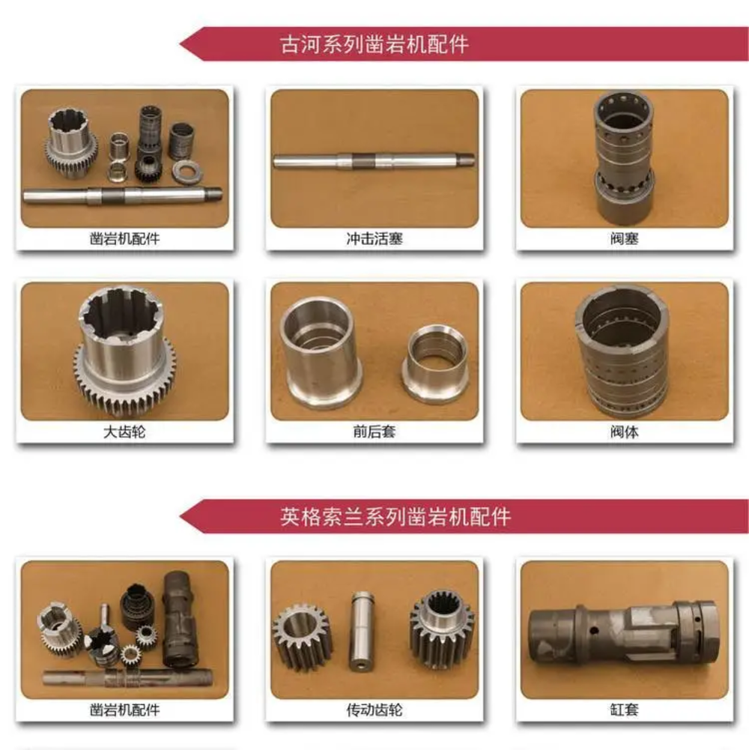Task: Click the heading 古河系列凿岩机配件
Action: tap(374, 44)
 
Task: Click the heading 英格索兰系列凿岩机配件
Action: tap(395, 517)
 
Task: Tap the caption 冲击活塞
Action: tap(374, 238)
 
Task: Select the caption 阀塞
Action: tap(624, 238)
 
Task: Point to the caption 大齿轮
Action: tap(124, 432)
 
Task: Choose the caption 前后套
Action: tap(374, 432)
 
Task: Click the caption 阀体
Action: tap(624, 432)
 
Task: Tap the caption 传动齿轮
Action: tap(374, 710)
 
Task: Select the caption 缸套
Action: tap(624, 710)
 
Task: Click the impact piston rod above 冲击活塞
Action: tap(374, 160)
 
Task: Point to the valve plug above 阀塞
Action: tap(624, 158)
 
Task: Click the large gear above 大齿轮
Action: tap(124, 351)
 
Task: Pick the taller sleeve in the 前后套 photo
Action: tap(318, 352)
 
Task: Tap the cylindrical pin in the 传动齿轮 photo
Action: tap(362, 631)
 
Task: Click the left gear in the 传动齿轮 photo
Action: tap(303, 637)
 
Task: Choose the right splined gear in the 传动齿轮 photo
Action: tap(441, 628)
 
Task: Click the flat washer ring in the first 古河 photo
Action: tap(187, 172)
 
